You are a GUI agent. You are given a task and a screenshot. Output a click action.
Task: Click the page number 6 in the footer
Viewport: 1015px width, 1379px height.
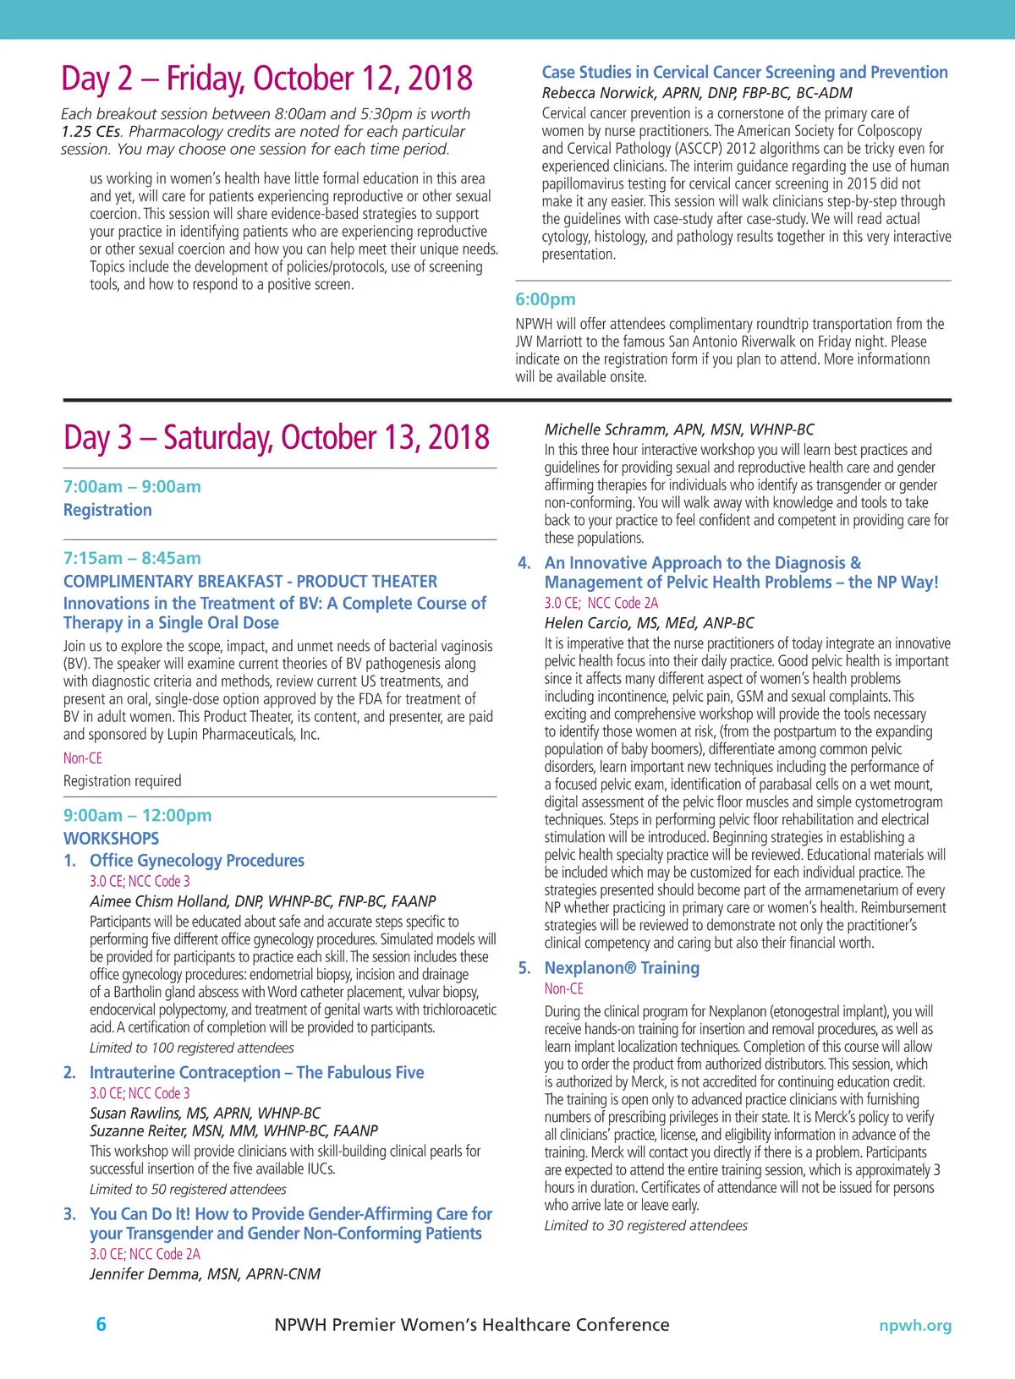coord(101,1324)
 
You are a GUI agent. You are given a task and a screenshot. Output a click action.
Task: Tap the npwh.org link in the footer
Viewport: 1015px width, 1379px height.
coord(914,1325)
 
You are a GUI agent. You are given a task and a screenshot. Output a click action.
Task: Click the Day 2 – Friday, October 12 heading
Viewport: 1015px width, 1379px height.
coord(266,79)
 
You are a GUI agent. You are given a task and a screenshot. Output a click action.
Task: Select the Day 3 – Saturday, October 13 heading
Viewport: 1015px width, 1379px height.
coord(276,438)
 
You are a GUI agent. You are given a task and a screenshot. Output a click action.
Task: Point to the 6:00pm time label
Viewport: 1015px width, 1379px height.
coord(546,299)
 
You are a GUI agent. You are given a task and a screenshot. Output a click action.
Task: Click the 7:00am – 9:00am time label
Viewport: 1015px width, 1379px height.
coord(132,486)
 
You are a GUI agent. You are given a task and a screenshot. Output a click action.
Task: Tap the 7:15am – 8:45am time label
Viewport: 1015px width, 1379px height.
coord(132,558)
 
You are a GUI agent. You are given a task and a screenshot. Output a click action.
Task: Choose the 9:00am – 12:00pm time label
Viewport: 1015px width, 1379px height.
coord(137,815)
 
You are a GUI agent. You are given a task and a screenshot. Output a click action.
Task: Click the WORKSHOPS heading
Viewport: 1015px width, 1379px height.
coord(111,839)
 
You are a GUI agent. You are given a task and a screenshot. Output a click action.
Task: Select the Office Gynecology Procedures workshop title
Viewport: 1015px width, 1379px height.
coord(196,861)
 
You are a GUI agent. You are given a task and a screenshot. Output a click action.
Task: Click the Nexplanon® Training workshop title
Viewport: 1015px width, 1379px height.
coord(622,968)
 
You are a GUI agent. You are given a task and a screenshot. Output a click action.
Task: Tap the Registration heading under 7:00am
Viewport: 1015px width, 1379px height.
coord(107,510)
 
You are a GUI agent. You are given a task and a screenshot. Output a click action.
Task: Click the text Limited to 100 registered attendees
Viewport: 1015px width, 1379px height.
coord(191,1048)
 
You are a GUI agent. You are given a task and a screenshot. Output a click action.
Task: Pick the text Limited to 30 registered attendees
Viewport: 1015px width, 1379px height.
coord(645,1226)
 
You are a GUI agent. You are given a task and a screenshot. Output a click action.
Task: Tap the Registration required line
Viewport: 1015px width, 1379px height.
coord(122,781)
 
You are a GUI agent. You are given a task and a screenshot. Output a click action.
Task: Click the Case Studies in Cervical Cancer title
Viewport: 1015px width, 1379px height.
coord(744,73)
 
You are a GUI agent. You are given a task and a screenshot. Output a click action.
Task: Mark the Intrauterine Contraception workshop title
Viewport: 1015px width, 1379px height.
coord(256,1073)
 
